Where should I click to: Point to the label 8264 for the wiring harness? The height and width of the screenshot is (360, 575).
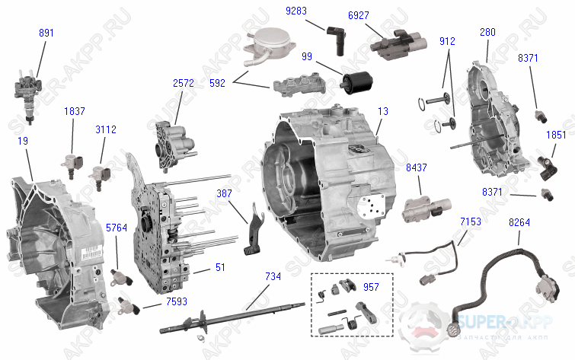520,221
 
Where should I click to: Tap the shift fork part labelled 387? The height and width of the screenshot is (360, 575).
254,227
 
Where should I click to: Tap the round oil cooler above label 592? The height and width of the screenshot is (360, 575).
262,45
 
